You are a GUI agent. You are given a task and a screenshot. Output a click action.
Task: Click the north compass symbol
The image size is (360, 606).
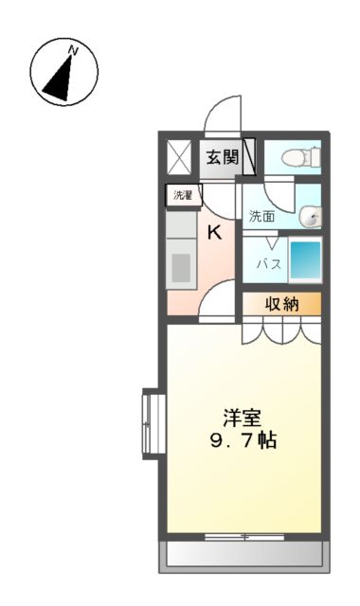click(x=64, y=72)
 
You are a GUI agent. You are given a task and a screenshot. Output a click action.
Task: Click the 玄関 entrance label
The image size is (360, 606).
click(x=223, y=157)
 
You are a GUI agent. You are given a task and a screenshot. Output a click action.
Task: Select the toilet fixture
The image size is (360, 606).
click(x=294, y=158)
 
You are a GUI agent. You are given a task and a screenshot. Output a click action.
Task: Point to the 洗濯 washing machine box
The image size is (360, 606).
click(x=182, y=196)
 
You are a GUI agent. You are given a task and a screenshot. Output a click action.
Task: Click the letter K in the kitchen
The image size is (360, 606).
click(x=215, y=232)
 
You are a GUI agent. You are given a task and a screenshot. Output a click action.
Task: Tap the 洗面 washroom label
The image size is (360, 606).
click(x=261, y=216)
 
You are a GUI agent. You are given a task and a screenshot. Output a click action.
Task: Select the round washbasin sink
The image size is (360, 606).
click(x=311, y=218)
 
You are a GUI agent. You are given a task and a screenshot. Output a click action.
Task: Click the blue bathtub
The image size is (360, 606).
click(x=304, y=261)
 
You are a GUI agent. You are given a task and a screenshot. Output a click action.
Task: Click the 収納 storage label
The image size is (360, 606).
click(x=280, y=304)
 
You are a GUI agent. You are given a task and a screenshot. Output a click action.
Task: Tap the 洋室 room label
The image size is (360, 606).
click(x=242, y=417)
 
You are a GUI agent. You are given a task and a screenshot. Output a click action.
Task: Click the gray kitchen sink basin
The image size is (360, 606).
click(x=180, y=268)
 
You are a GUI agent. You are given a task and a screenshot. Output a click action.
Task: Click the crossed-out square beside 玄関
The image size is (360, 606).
click(x=179, y=157)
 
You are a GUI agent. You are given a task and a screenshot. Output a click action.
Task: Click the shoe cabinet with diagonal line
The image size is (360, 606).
click(x=250, y=157)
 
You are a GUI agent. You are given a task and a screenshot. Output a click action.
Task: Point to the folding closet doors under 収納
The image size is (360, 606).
click(x=280, y=331)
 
